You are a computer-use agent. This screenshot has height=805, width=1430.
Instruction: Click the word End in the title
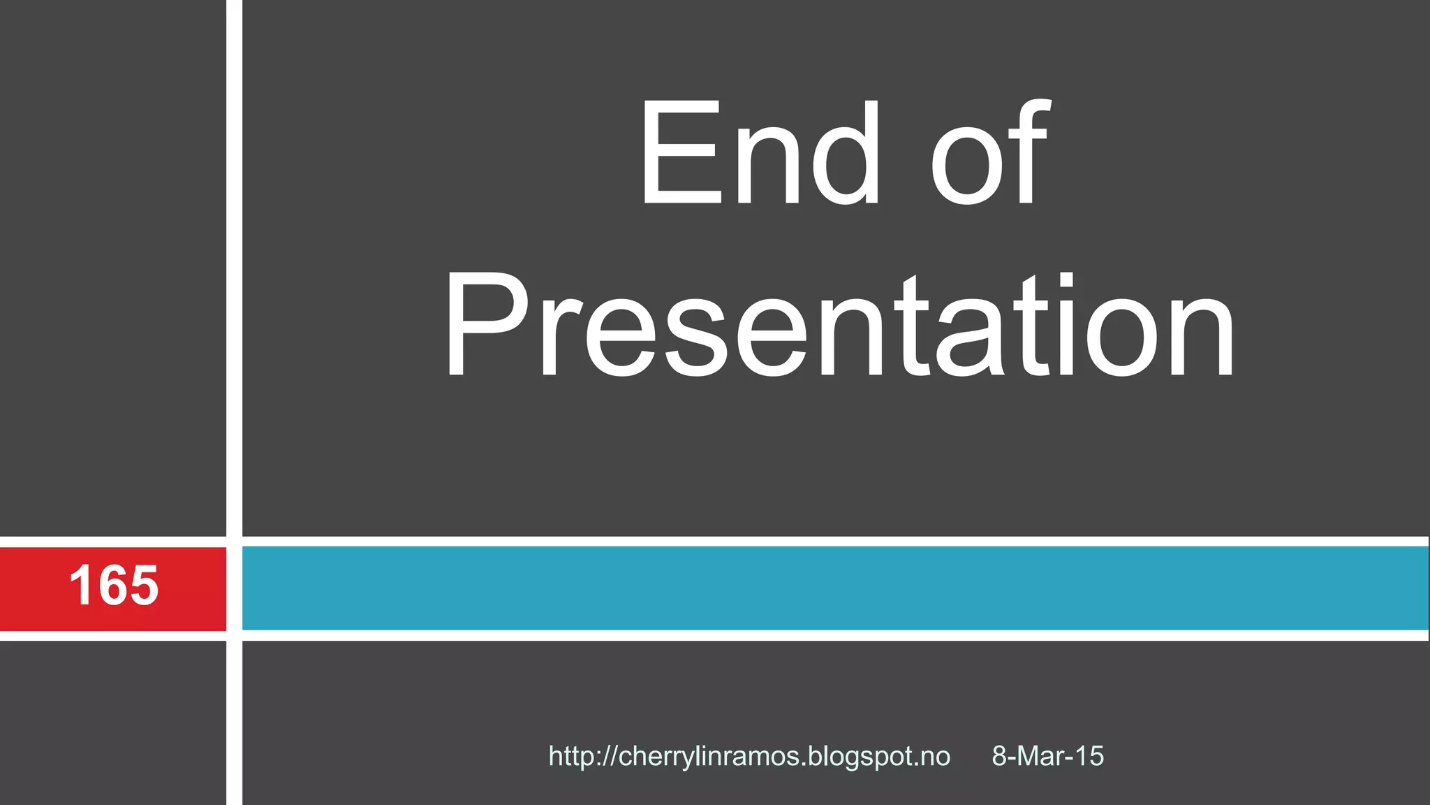pyautogui.click(x=760, y=152)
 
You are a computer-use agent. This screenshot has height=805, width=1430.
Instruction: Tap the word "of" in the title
pyautogui.click(x=989, y=152)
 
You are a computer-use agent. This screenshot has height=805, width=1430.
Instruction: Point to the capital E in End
pyautogui.click(x=681, y=152)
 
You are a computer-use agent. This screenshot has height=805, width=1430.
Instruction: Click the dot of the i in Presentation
pyautogui.click(x=1066, y=281)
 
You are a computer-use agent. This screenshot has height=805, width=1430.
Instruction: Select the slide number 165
pyautogui.click(x=114, y=586)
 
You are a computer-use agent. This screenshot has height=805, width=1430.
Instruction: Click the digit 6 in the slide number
pyautogui.click(x=114, y=586)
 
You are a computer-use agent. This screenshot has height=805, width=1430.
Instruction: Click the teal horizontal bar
pyautogui.click(x=834, y=588)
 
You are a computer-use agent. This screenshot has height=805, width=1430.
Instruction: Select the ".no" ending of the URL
pyautogui.click(x=934, y=757)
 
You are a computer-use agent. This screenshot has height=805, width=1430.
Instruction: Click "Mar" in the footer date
pyautogui.click(x=1041, y=757)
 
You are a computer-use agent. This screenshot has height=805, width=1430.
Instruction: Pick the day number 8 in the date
pyautogui.click(x=999, y=757)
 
